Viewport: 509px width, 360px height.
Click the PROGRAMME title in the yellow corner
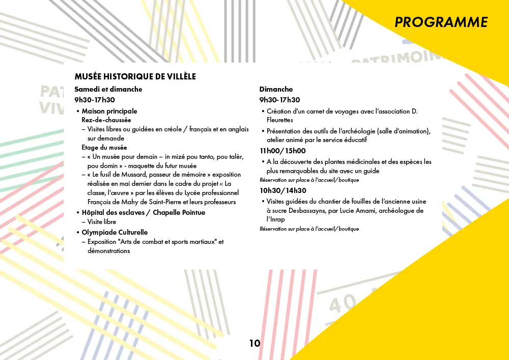tap(441, 22)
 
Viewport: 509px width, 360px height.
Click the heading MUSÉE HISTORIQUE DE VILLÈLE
tap(135, 77)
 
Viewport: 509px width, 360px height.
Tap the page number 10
tap(254, 343)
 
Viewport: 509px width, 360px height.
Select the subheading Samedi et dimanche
tap(108, 89)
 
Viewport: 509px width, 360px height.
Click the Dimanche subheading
tap(276, 89)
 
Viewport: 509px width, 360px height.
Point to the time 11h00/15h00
tap(282, 151)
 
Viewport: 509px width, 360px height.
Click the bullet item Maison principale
tap(109, 111)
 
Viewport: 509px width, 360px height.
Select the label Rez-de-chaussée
tap(106, 120)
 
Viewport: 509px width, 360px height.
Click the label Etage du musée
tap(104, 148)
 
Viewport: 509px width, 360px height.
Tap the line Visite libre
tap(102, 222)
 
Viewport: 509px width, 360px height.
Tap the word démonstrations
tap(108, 251)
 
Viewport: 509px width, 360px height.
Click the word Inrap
tap(275, 219)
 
